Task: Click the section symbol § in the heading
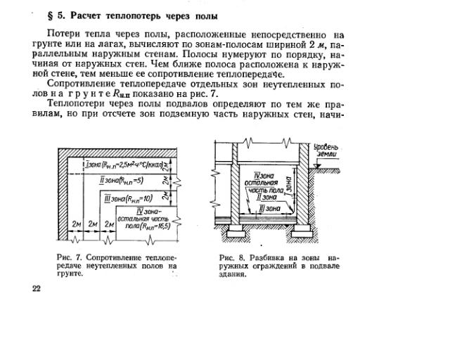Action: pos(50,15)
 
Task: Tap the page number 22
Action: pos(37,289)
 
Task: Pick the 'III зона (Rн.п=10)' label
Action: pos(129,199)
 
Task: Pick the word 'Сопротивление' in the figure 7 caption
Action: pos(113,258)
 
